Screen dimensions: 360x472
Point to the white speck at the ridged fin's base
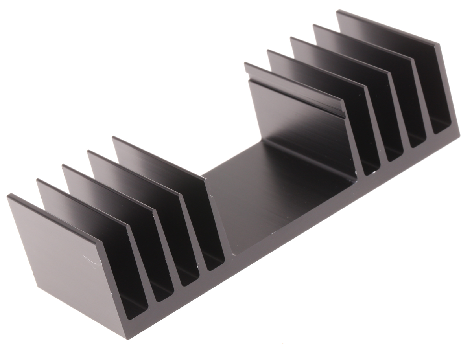[356, 173]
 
